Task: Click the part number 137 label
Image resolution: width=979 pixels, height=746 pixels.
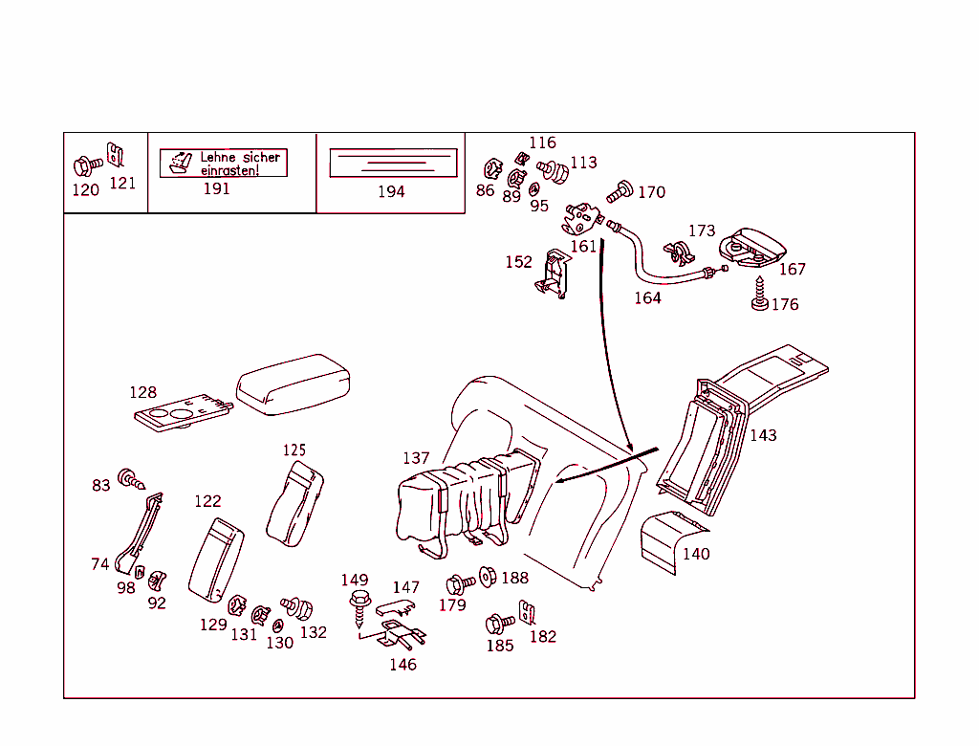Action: pos(416,459)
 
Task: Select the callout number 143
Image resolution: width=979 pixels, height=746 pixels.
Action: pos(763,436)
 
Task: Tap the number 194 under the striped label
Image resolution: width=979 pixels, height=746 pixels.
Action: pos(391,191)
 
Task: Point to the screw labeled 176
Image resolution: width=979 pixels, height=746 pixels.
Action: pos(760,294)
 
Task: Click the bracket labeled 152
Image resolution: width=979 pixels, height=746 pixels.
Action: pos(553,274)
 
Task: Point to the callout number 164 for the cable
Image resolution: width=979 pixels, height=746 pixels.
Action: pos(647,298)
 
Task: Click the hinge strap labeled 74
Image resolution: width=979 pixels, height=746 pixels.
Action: pos(139,535)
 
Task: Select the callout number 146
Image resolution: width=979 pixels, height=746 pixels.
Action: pos(402,665)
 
